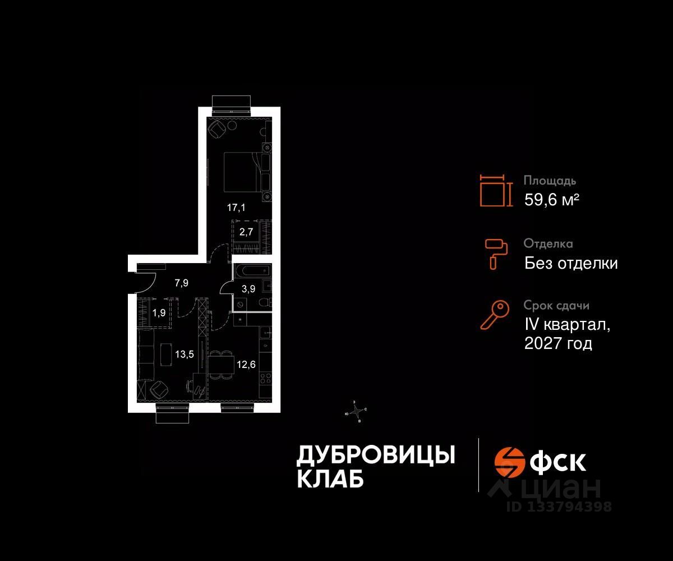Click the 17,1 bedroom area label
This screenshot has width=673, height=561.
[236, 207]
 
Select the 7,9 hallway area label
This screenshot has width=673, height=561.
[181, 283]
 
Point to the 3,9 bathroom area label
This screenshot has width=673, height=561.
[248, 289]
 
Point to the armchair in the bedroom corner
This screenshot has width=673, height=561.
[217, 130]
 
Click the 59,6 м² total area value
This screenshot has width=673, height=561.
[551, 200]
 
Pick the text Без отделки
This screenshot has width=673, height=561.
[571, 263]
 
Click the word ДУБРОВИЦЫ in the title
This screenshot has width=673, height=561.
[375, 455]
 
